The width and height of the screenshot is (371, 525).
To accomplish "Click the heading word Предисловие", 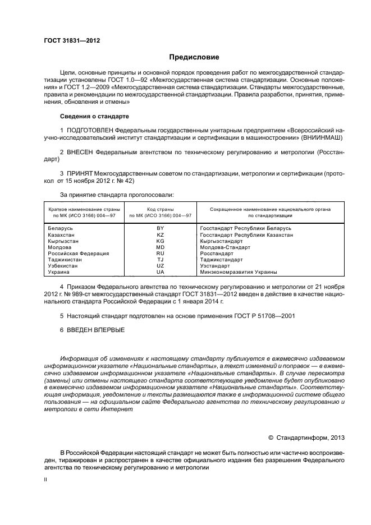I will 194,57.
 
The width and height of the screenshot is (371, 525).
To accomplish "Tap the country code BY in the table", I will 160,228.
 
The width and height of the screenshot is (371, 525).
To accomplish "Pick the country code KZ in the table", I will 160,235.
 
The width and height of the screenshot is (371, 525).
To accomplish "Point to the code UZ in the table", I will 160,266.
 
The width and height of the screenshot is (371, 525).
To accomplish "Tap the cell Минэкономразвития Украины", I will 239,272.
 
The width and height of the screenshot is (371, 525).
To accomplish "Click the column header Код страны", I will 160,209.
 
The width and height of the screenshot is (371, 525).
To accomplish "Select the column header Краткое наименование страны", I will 82,209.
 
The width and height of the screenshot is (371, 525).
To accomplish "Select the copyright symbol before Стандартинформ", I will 271,437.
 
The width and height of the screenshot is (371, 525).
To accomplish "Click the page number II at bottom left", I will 45,480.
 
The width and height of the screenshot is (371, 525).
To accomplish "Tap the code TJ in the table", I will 160,260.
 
